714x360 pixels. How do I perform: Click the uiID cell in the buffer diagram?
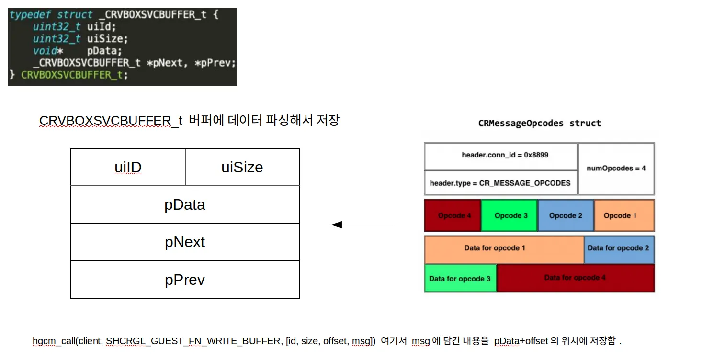pos(128,167)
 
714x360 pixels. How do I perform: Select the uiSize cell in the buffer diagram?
pos(242,167)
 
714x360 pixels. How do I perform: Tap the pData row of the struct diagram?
pos(185,204)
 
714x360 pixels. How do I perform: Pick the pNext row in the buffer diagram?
pos(185,242)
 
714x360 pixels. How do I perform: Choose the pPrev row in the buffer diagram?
pos(185,280)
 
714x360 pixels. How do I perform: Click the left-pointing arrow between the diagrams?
pos(362,225)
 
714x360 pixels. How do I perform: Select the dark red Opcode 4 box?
pos(453,215)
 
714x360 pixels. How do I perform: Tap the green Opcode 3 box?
pos(510,215)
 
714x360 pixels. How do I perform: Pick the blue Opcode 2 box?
pos(566,215)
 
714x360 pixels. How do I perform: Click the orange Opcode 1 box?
pos(624,215)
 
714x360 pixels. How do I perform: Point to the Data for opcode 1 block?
pos(504,249)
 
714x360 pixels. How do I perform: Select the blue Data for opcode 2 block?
pos(619,249)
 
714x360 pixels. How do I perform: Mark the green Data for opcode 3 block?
pos(461,278)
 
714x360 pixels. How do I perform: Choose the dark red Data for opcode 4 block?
pos(576,278)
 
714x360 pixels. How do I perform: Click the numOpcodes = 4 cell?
pos(616,169)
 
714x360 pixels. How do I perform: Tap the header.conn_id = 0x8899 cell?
pos(501,157)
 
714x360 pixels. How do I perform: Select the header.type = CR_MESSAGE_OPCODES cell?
pos(501,183)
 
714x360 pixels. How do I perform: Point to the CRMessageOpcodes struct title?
pos(540,124)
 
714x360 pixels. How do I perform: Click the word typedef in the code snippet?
pos(30,15)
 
